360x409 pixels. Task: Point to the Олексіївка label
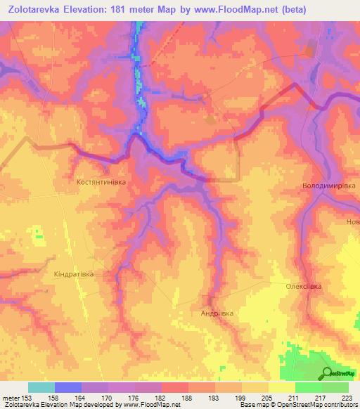303,287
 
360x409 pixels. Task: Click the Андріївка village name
217,313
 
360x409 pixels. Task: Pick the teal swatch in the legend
41,387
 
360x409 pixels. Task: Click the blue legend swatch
68,387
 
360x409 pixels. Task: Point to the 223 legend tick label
346,398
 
